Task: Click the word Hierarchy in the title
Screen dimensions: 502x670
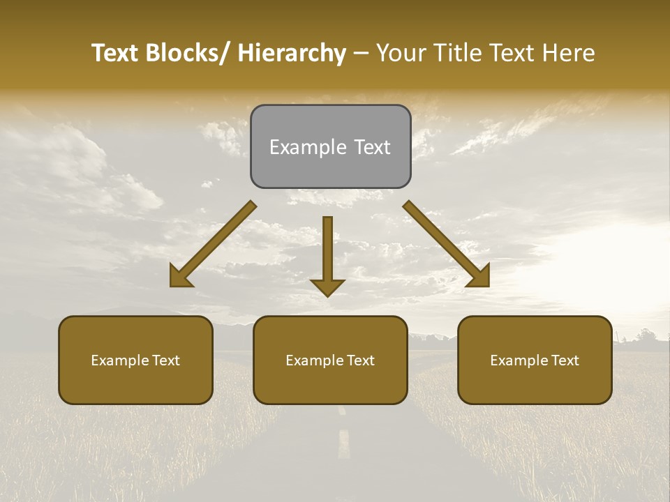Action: pos(292,53)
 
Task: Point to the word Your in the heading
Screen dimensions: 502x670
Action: pos(401,53)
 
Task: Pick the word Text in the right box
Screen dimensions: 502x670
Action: pos(565,360)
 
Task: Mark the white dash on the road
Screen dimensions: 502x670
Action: pos(343,444)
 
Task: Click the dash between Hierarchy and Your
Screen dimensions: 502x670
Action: pos(361,53)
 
